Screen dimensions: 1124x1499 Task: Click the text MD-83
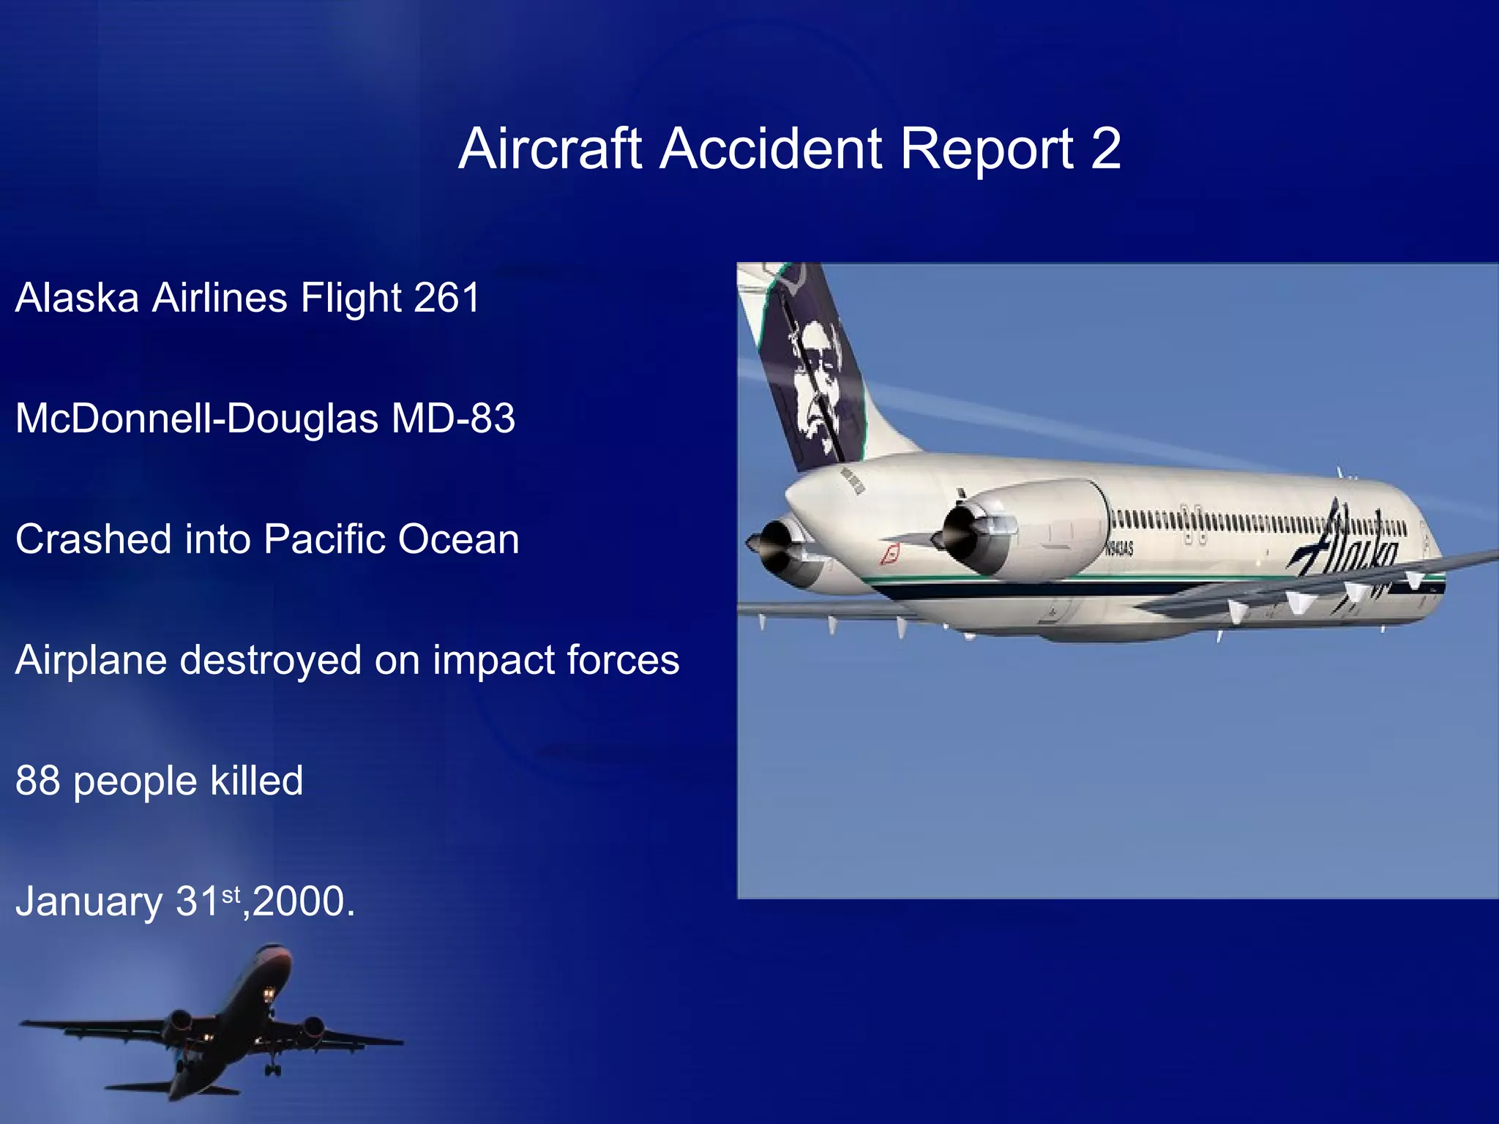coord(453,419)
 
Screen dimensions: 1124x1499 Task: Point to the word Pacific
coord(324,539)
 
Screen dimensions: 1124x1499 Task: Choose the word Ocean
coord(458,539)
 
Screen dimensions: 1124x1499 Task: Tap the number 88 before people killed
coord(37,781)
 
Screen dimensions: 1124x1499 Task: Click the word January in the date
coord(89,902)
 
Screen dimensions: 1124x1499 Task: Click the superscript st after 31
coord(231,893)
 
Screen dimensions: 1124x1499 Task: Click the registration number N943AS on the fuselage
coord(1120,549)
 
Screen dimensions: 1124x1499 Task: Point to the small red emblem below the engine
coord(889,555)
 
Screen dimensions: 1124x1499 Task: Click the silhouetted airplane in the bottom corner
coord(220,1024)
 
